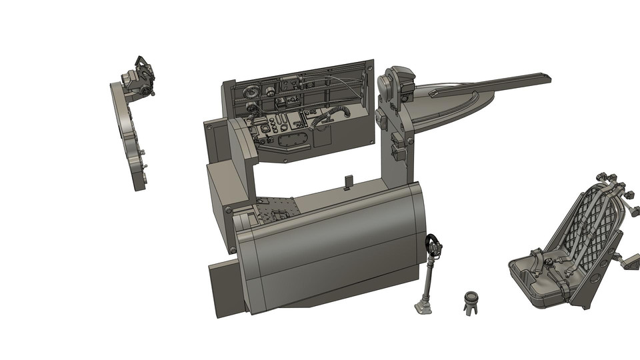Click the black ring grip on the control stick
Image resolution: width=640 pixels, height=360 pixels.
(433, 242)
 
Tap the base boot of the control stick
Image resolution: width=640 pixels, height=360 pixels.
(422, 307)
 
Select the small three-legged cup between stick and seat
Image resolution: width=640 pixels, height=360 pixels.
(471, 301)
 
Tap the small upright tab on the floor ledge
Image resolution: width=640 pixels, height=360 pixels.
(347, 182)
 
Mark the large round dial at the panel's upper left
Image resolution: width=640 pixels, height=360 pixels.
(251, 92)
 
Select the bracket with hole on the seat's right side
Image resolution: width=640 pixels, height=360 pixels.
(629, 261)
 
